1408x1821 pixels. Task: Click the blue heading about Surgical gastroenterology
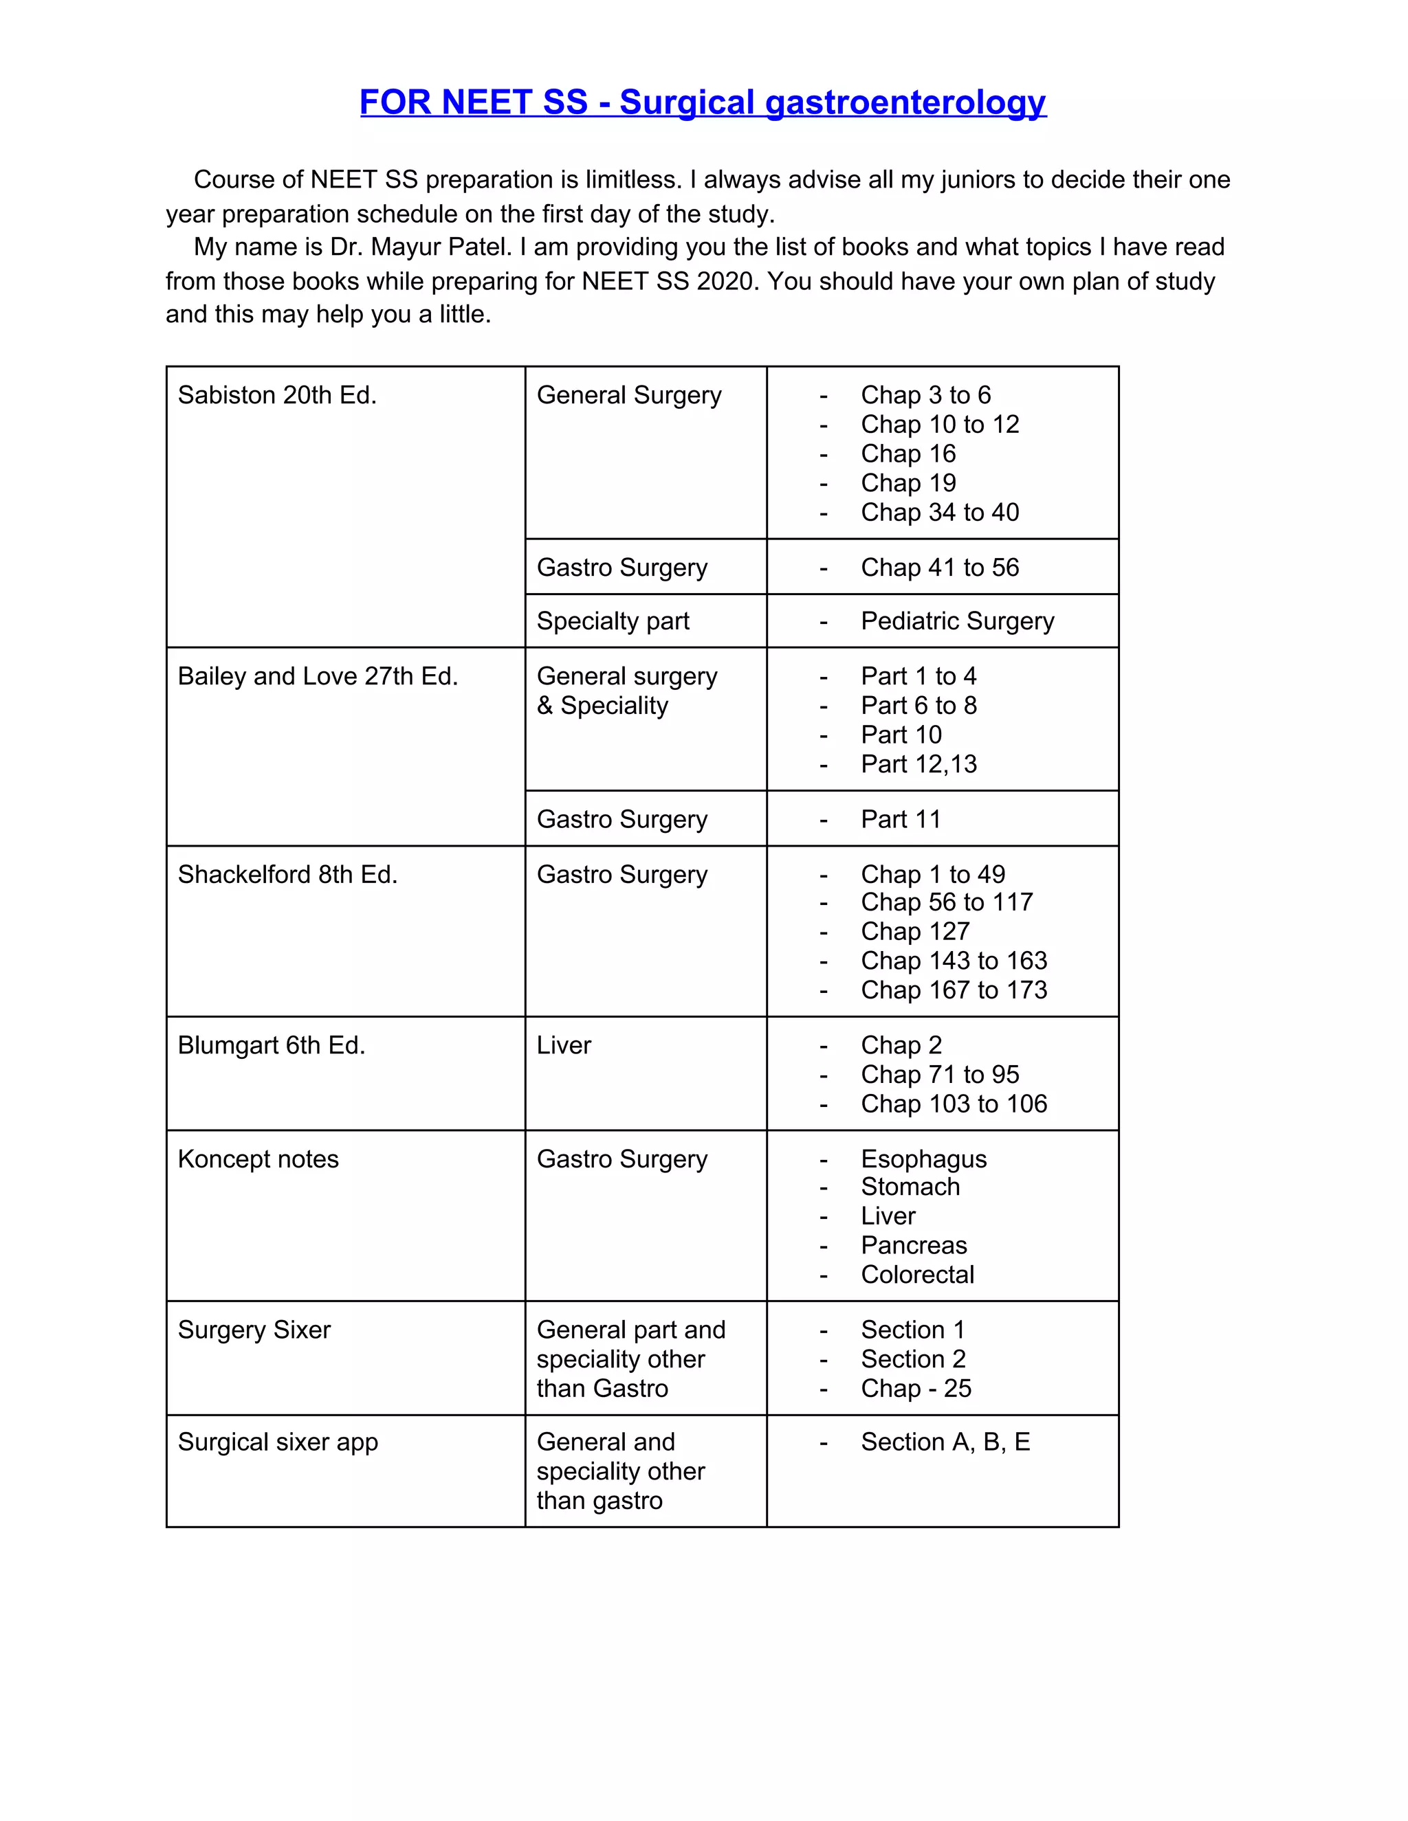click(x=703, y=102)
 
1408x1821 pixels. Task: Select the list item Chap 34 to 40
click(x=939, y=512)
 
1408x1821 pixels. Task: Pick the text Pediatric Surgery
click(x=957, y=621)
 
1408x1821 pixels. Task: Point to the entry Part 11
click(x=900, y=820)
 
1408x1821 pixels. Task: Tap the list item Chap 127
click(x=915, y=931)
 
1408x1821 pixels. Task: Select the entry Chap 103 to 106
click(x=954, y=1104)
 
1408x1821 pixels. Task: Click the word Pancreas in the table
click(x=914, y=1246)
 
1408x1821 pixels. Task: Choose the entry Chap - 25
click(x=916, y=1388)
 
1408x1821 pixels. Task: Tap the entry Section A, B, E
click(x=945, y=1442)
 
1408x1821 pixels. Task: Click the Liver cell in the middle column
click(x=564, y=1046)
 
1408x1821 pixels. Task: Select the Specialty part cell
click(x=613, y=621)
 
